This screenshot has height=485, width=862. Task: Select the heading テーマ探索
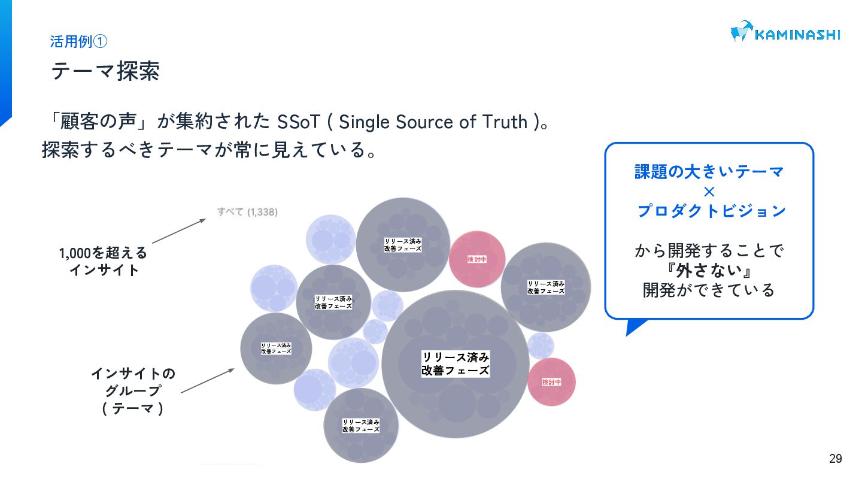coord(105,71)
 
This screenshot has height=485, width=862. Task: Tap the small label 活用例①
coord(78,42)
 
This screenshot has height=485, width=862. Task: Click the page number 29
coord(835,459)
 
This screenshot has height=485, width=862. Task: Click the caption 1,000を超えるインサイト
coord(103,262)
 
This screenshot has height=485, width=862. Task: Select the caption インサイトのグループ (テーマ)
coord(133,391)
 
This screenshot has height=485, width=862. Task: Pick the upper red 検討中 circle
coord(477,259)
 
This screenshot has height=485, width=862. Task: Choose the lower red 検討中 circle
coord(551,381)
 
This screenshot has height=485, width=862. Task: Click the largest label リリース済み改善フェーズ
coord(456,363)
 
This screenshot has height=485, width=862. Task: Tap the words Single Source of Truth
coord(433,122)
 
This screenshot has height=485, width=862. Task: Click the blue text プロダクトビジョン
coord(711,211)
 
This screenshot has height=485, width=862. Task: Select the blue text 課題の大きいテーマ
coord(709,172)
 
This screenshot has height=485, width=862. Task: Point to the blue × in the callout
coord(709,192)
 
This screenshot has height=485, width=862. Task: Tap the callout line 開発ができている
coord(709,290)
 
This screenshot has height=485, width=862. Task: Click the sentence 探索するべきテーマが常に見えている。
coord(210,150)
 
